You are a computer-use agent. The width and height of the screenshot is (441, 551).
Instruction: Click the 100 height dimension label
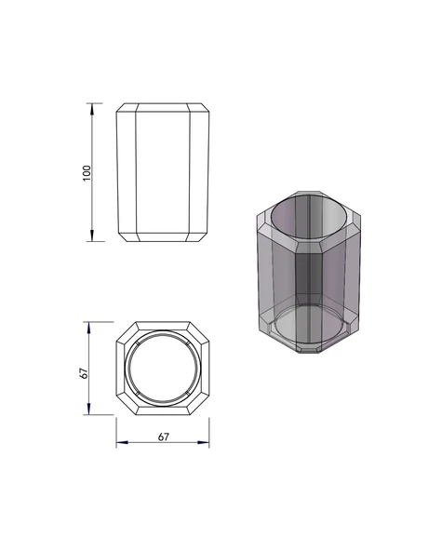point(87,173)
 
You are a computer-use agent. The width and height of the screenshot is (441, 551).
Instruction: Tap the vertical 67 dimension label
point(84,373)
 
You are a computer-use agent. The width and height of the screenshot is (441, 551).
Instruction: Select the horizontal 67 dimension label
point(164,437)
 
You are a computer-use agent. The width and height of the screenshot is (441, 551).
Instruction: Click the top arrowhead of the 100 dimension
point(92,109)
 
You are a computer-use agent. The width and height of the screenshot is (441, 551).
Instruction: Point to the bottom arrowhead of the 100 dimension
point(92,235)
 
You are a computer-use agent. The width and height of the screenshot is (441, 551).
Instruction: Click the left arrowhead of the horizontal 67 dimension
point(122,442)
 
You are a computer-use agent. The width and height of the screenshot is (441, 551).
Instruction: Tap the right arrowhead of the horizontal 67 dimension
point(204,442)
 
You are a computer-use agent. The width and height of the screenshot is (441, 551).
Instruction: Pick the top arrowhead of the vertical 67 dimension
point(88,328)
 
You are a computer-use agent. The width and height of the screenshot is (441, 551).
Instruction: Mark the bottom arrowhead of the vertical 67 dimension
point(88,409)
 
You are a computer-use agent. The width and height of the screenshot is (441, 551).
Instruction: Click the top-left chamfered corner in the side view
point(121,108)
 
